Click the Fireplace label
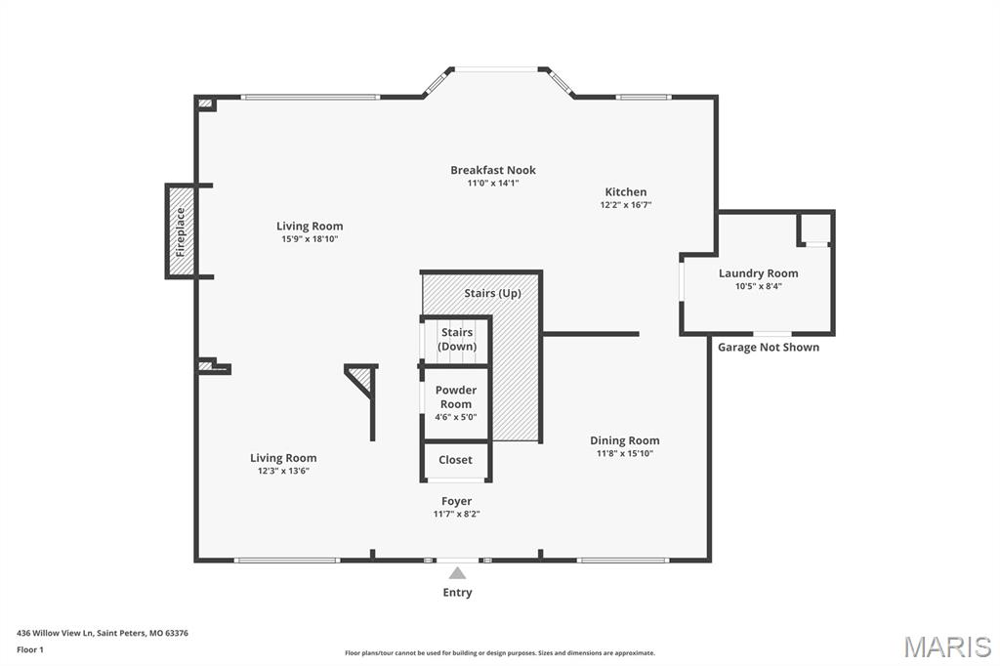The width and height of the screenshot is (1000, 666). click(x=181, y=231)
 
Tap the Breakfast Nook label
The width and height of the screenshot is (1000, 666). click(x=493, y=170)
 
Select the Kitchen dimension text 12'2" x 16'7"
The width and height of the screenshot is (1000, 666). click(x=626, y=205)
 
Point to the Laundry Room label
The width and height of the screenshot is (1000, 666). click(x=758, y=273)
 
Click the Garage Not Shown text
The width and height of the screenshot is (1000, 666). click(x=769, y=347)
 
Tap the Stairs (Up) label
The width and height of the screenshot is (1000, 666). click(x=492, y=293)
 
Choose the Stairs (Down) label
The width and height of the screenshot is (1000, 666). click(x=457, y=340)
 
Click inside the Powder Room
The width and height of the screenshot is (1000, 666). click(x=456, y=403)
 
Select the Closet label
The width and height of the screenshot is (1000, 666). click(x=455, y=459)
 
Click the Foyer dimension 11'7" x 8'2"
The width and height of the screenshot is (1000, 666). click(x=457, y=515)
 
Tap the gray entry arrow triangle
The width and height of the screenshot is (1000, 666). click(x=457, y=573)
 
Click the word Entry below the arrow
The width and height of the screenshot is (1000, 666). click(x=457, y=593)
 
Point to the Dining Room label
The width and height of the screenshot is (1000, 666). click(x=624, y=440)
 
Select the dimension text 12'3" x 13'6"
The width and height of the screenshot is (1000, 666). click(x=283, y=471)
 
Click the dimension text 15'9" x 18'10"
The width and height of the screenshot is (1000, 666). click(x=310, y=239)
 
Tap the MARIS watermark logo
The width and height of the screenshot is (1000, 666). click(x=947, y=646)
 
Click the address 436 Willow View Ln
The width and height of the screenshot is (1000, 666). click(x=55, y=634)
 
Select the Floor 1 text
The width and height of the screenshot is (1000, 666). click(x=30, y=650)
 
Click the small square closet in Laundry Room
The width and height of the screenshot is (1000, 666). click(x=815, y=229)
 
